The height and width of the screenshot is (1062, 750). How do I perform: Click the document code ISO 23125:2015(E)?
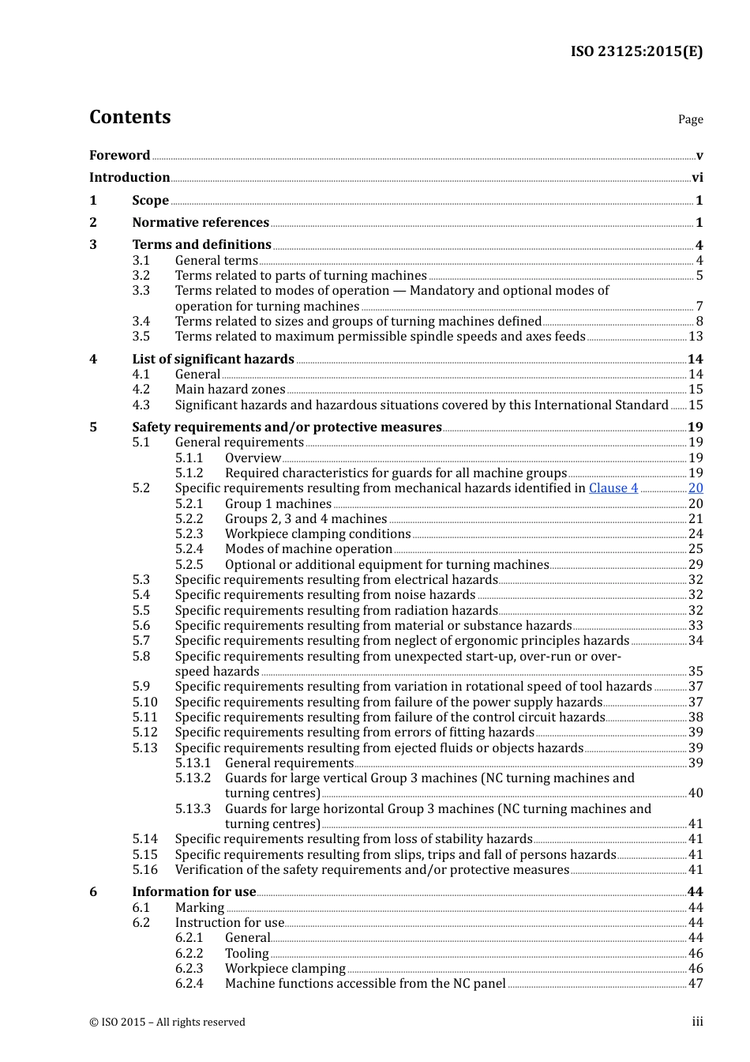click(636, 51)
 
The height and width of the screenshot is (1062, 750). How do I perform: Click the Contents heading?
click(129, 117)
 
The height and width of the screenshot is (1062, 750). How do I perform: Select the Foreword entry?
click(119, 155)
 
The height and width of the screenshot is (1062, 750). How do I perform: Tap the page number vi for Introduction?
click(697, 178)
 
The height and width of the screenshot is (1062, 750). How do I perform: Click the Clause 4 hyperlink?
click(613, 488)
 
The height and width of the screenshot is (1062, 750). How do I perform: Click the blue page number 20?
click(696, 488)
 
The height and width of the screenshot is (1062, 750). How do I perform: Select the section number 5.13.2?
click(193, 778)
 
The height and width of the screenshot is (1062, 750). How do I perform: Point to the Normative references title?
click(201, 223)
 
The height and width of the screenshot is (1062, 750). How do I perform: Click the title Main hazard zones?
click(230, 390)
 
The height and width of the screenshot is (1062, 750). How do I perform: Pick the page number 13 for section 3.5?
click(696, 337)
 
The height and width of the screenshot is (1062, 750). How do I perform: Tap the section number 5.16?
click(144, 870)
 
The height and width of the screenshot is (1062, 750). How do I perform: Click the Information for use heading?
click(194, 892)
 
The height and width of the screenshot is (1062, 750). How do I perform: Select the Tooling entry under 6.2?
click(246, 954)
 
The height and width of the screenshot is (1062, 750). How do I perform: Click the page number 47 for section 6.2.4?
click(696, 984)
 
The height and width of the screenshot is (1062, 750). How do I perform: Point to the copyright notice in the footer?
click(167, 1022)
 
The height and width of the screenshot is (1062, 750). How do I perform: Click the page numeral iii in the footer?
click(697, 1022)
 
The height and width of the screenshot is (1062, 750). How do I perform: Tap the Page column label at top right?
click(690, 119)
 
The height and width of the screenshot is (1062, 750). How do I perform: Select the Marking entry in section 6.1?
click(200, 908)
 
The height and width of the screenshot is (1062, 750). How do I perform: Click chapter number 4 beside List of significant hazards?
click(93, 360)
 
